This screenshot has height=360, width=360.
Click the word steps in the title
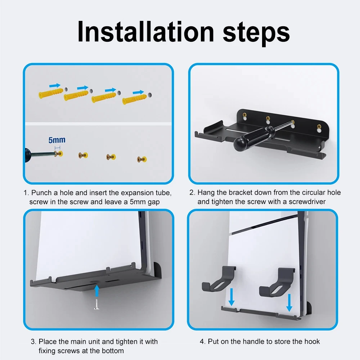click(x=256, y=32)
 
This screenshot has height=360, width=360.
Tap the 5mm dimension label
click(x=57, y=140)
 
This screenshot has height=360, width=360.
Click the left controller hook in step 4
click(x=216, y=279)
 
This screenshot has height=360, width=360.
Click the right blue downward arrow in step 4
click(x=289, y=302)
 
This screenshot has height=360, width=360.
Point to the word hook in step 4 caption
click(x=312, y=341)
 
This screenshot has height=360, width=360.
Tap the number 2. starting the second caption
click(x=193, y=193)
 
